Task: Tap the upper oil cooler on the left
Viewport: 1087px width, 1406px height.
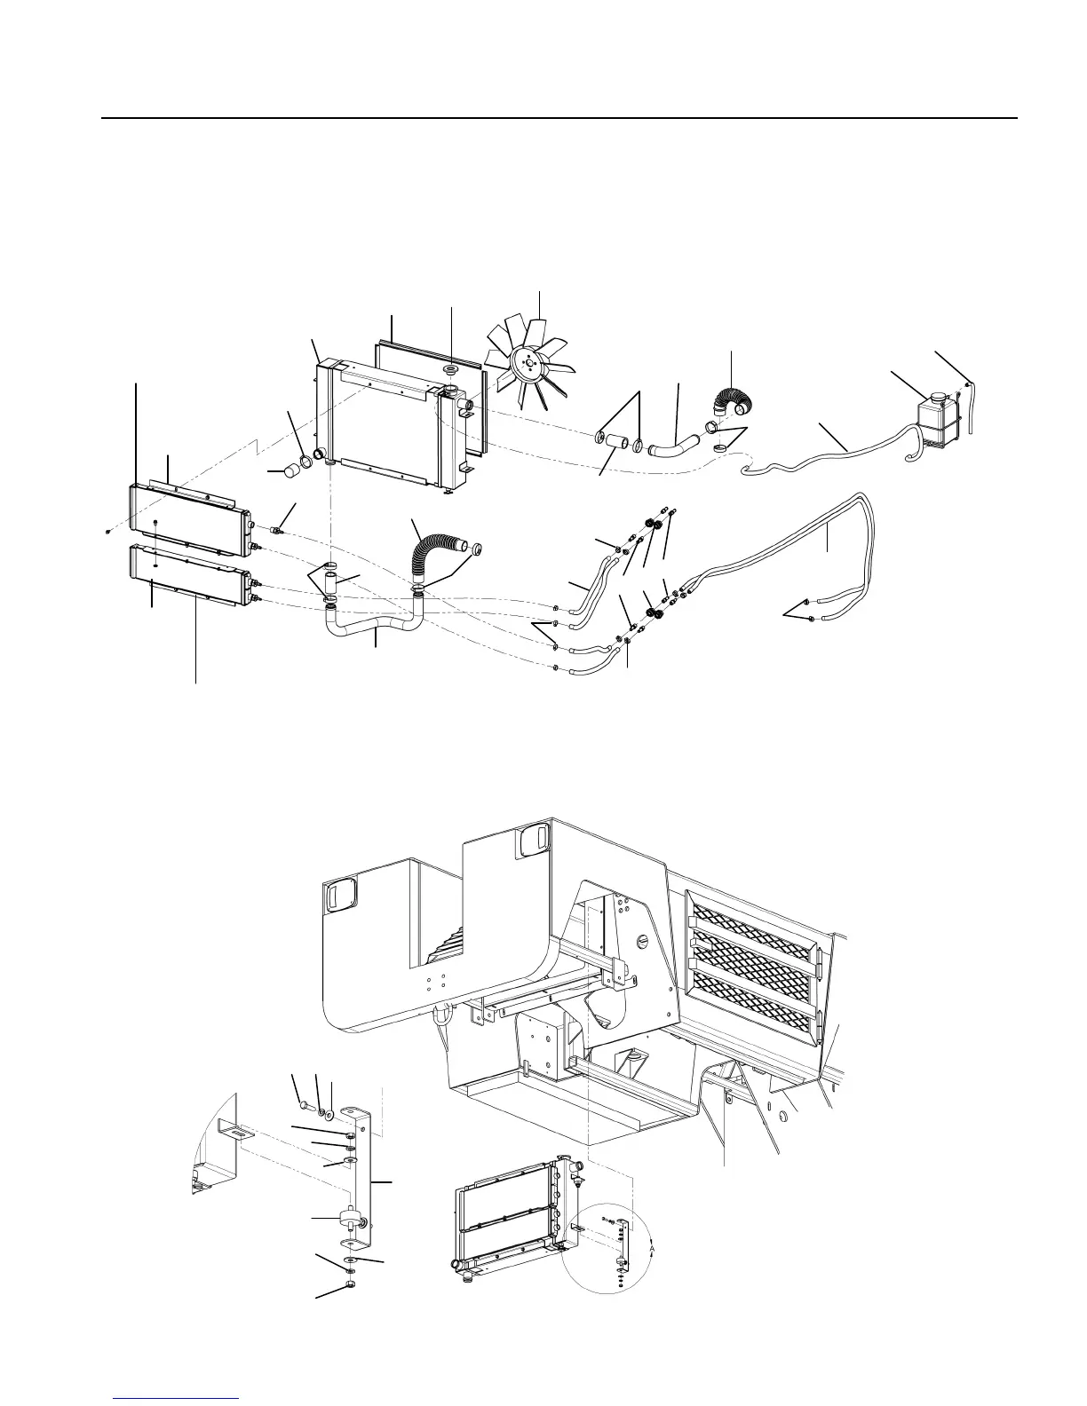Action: [x=189, y=518]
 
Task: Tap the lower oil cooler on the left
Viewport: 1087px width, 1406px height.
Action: [x=188, y=573]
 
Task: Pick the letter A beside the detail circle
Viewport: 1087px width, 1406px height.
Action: [x=652, y=1247]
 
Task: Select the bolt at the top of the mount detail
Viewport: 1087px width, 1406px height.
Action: [x=305, y=1105]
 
